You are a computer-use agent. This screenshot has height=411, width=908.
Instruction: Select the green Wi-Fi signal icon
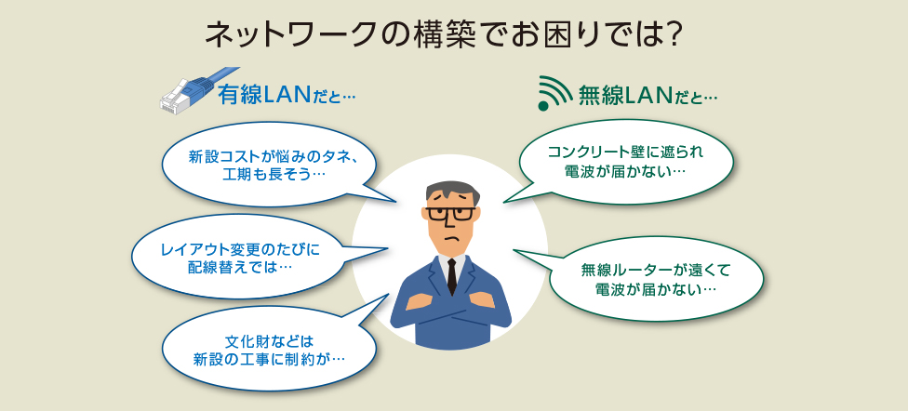(x=554, y=93)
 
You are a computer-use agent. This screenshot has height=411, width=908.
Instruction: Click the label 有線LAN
(x=264, y=96)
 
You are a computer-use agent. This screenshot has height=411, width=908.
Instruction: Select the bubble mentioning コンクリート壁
(x=624, y=163)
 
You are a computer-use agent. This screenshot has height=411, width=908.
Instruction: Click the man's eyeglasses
(x=450, y=214)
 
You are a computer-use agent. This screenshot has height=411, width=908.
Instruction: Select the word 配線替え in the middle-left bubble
(x=216, y=267)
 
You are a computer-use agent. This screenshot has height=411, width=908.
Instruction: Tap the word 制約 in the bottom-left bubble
(x=300, y=359)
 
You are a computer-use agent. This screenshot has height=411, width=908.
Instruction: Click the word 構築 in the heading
(x=441, y=36)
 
